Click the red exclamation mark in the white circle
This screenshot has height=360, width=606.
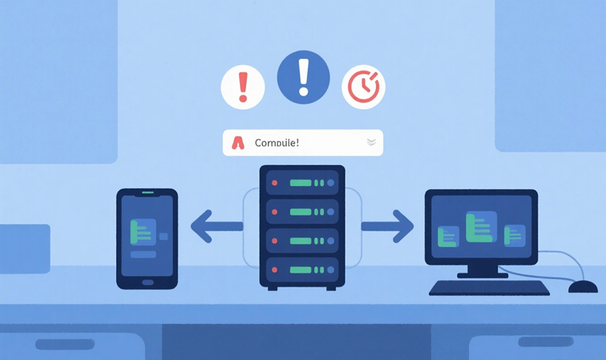(242, 87)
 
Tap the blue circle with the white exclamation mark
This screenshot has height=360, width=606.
(304, 77)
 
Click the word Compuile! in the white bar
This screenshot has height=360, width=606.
(276, 143)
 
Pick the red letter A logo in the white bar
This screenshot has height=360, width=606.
(238, 143)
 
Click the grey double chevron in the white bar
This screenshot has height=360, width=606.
(371, 143)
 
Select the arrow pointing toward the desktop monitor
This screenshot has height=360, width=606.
(389, 226)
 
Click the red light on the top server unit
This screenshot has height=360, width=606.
(274, 183)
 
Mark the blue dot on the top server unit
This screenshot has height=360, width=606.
(331, 183)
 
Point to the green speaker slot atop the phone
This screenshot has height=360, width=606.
(147, 192)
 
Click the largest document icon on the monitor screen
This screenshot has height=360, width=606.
(480, 228)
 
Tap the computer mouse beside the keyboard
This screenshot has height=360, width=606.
(582, 287)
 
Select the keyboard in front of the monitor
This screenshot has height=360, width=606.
(489, 288)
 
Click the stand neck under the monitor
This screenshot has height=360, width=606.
(482, 268)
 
